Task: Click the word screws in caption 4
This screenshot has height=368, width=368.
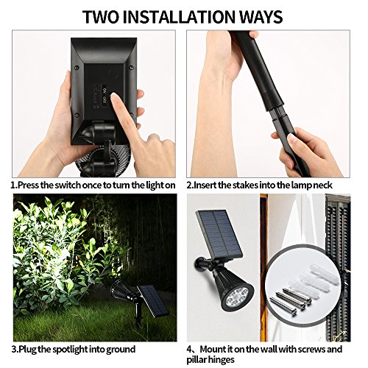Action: [314, 349]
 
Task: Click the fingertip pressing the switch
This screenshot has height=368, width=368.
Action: [115, 98]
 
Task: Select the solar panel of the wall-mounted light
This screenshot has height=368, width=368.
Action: [219, 234]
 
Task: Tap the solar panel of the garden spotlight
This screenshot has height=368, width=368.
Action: [153, 300]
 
